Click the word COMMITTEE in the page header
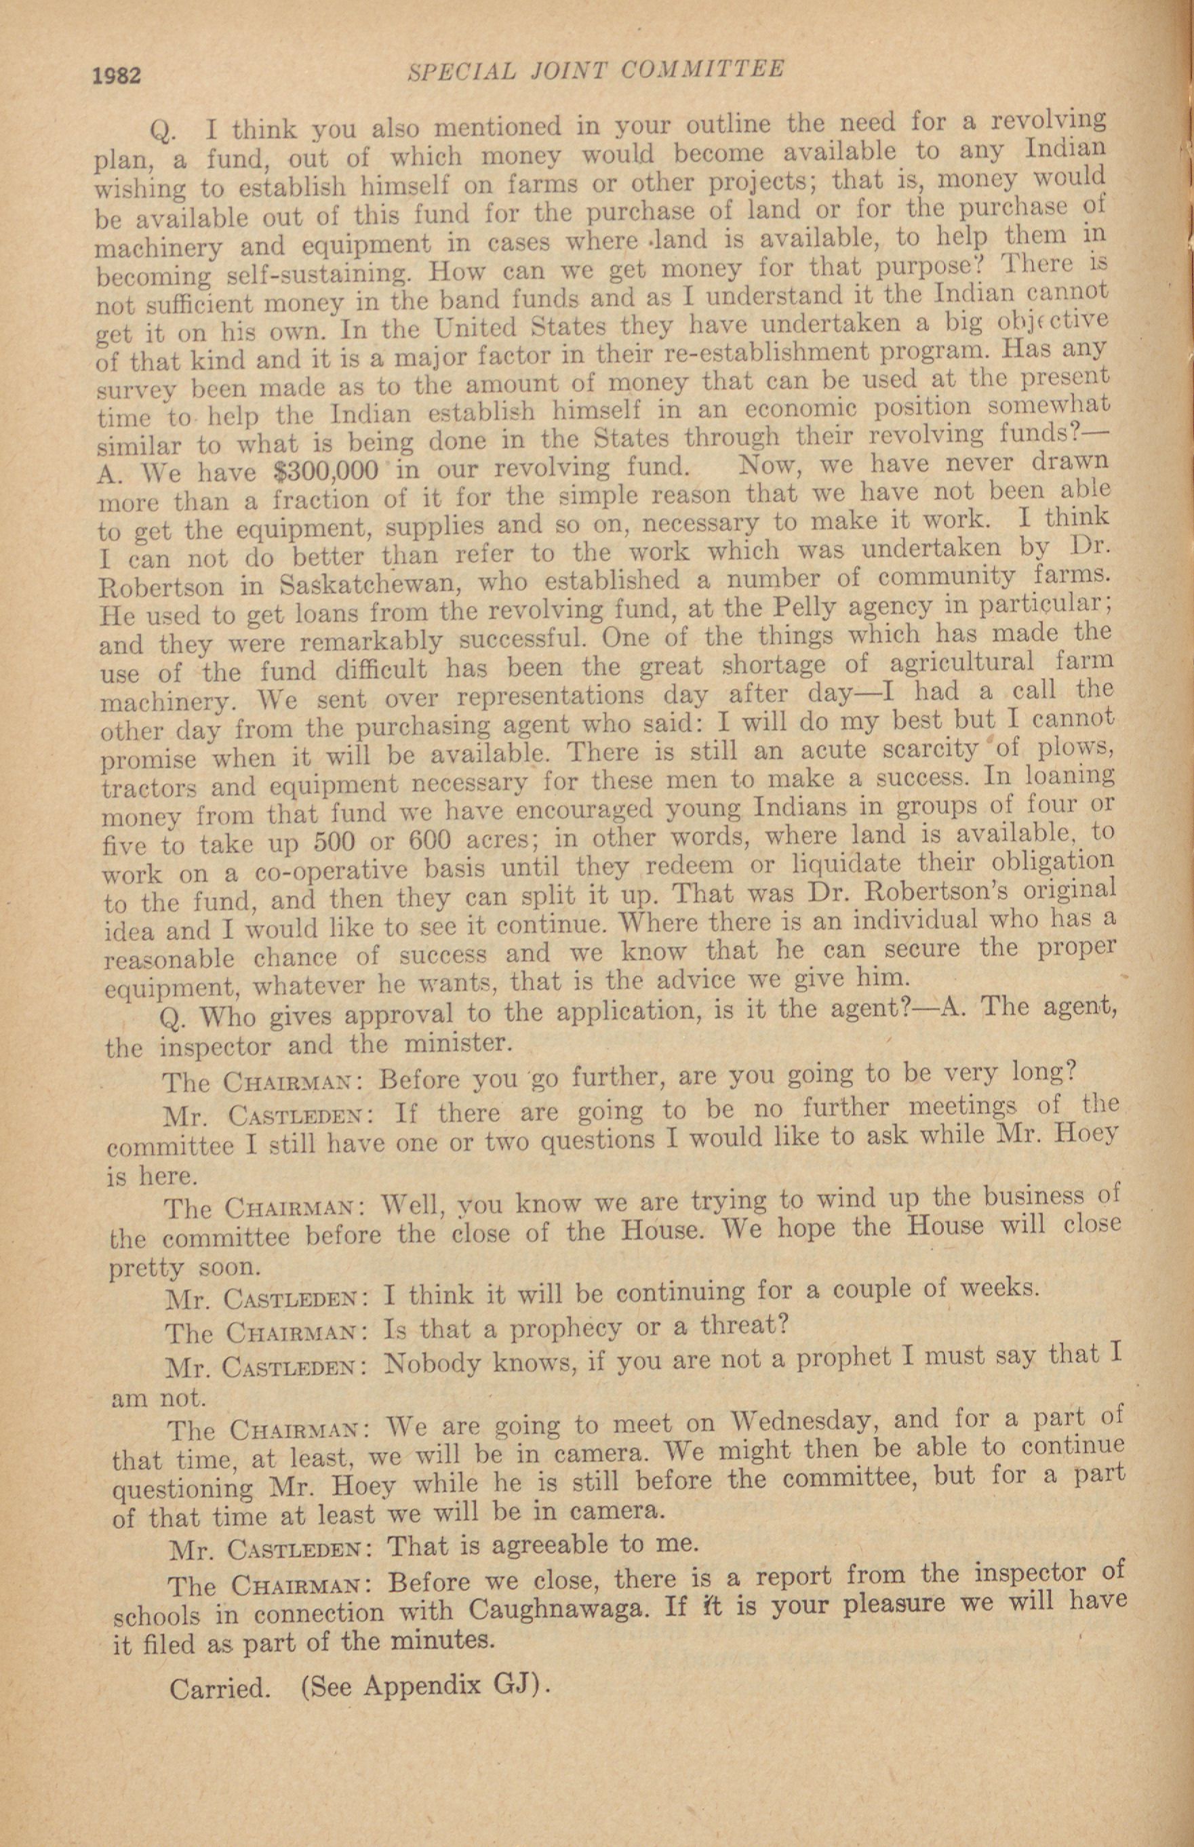[x=704, y=70]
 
